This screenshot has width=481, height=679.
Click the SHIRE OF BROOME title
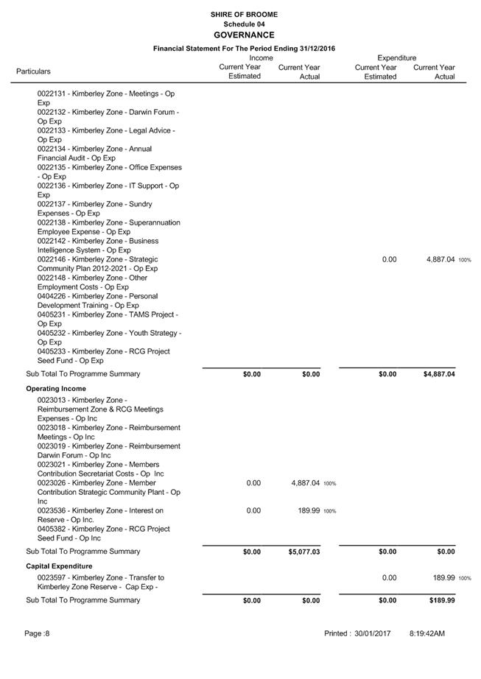tap(244, 15)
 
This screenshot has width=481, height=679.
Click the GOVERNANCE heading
tap(244, 35)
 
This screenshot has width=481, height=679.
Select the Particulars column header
tap(34, 71)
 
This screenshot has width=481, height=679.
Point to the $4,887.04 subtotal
tap(439, 374)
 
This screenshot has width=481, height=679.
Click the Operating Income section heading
tap(56, 388)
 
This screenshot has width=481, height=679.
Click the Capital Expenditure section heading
tap(60, 565)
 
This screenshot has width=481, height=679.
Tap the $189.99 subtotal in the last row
tap(442, 600)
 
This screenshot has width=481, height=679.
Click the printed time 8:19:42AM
tap(427, 633)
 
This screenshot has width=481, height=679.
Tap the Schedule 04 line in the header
tap(244, 24)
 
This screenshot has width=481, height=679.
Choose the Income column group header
tap(261, 57)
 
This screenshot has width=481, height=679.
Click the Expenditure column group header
tap(396, 57)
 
